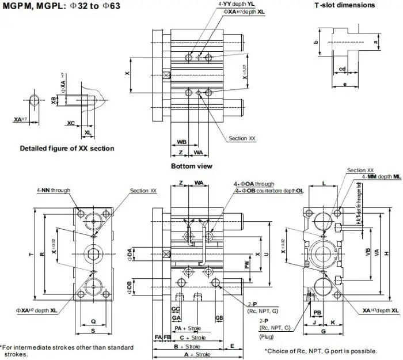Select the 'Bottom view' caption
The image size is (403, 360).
tap(191, 166)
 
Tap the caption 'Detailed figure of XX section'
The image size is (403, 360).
tap(67, 148)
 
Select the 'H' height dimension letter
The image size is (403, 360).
tap(394, 253)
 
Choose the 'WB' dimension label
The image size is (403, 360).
tap(181, 141)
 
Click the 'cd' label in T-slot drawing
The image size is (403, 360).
tap(342, 69)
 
